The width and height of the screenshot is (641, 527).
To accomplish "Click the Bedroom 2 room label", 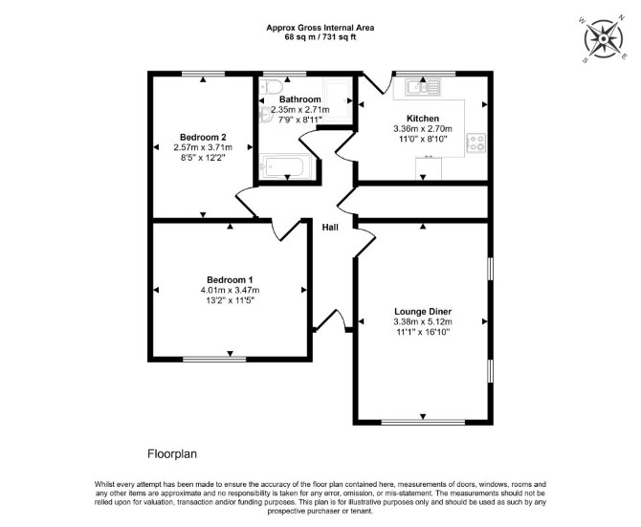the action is point(203,138).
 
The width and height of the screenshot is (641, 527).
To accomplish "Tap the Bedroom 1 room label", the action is point(230,280).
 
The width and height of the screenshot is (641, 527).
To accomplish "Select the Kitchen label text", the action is point(423,119).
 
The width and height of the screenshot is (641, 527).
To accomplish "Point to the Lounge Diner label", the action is point(423,312).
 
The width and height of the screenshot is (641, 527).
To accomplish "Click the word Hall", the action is point(330,228).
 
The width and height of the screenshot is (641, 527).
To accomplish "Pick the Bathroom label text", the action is point(300,99).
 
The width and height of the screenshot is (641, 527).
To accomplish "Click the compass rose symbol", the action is point(604,39).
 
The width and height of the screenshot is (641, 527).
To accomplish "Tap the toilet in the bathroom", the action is point(271,87).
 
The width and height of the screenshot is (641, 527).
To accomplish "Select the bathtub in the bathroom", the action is point(285,166).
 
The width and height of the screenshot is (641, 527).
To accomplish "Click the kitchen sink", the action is point(423,87).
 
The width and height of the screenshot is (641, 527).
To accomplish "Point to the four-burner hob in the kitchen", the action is point(476,143).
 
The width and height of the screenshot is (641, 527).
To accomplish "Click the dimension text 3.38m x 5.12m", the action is point(423,322).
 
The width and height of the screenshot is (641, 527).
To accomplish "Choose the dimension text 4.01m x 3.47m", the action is point(230,291).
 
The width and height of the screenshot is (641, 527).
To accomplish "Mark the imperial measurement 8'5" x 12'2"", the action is point(203,158).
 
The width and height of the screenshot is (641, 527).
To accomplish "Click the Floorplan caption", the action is point(172,454).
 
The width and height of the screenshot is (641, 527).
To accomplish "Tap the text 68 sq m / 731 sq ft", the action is point(320,37).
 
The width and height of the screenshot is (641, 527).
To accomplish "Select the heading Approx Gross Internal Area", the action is point(320,28).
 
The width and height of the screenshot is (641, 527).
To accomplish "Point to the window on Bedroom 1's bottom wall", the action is point(214,359).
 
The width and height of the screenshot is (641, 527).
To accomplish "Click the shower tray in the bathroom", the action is point(338,99).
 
